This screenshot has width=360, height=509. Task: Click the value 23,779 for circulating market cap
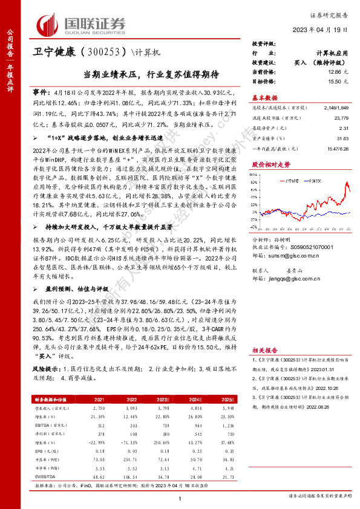pyautogui.click(x=339, y=118)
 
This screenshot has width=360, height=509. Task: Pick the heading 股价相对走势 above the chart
pyautogui.click(x=266, y=164)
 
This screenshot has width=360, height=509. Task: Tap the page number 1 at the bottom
pyautogui.click(x=180, y=497)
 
